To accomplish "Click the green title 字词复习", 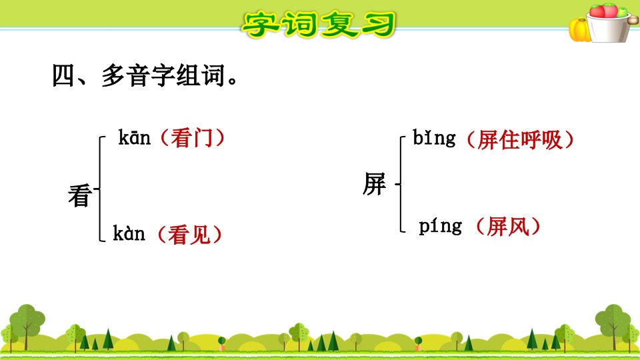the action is click(319, 24).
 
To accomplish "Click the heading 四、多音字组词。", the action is click(145, 75).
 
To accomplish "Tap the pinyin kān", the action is click(134, 137).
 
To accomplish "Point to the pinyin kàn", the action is click(129, 233).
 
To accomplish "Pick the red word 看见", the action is click(189, 235).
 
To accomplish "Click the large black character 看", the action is click(80, 195).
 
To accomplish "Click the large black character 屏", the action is click(374, 184).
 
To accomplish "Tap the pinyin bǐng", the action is click(434, 138).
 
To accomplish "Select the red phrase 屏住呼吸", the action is click(520, 140).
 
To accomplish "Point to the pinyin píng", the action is click(441, 226).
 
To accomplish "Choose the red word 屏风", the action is click(508, 227).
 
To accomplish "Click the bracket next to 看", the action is click(99, 189).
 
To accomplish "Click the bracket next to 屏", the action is click(401, 184).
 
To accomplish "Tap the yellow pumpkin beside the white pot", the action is click(579, 30).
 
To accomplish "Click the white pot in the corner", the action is click(609, 29).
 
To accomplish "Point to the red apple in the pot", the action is click(597, 11).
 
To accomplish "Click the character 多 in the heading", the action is click(113, 75).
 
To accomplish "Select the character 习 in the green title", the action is click(379, 25).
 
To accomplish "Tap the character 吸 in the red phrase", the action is click(552, 140).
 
